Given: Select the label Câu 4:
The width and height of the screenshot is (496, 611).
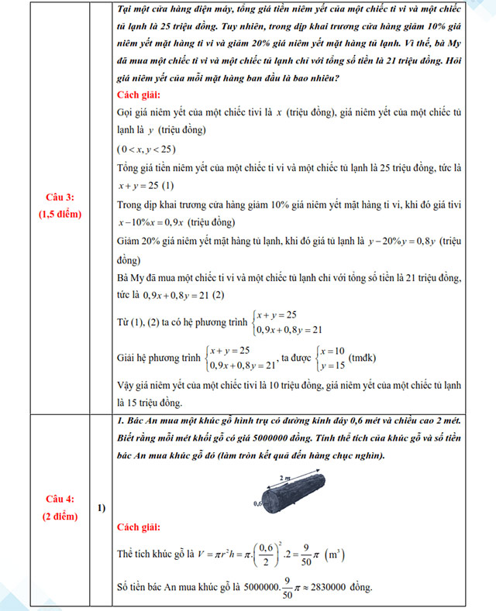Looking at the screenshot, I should [x=59, y=499].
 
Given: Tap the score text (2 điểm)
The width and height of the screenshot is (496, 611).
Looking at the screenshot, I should [x=59, y=515].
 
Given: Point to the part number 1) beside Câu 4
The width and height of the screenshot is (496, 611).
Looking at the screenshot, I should [x=102, y=507].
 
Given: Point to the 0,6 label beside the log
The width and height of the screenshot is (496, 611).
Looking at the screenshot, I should [x=259, y=503].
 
